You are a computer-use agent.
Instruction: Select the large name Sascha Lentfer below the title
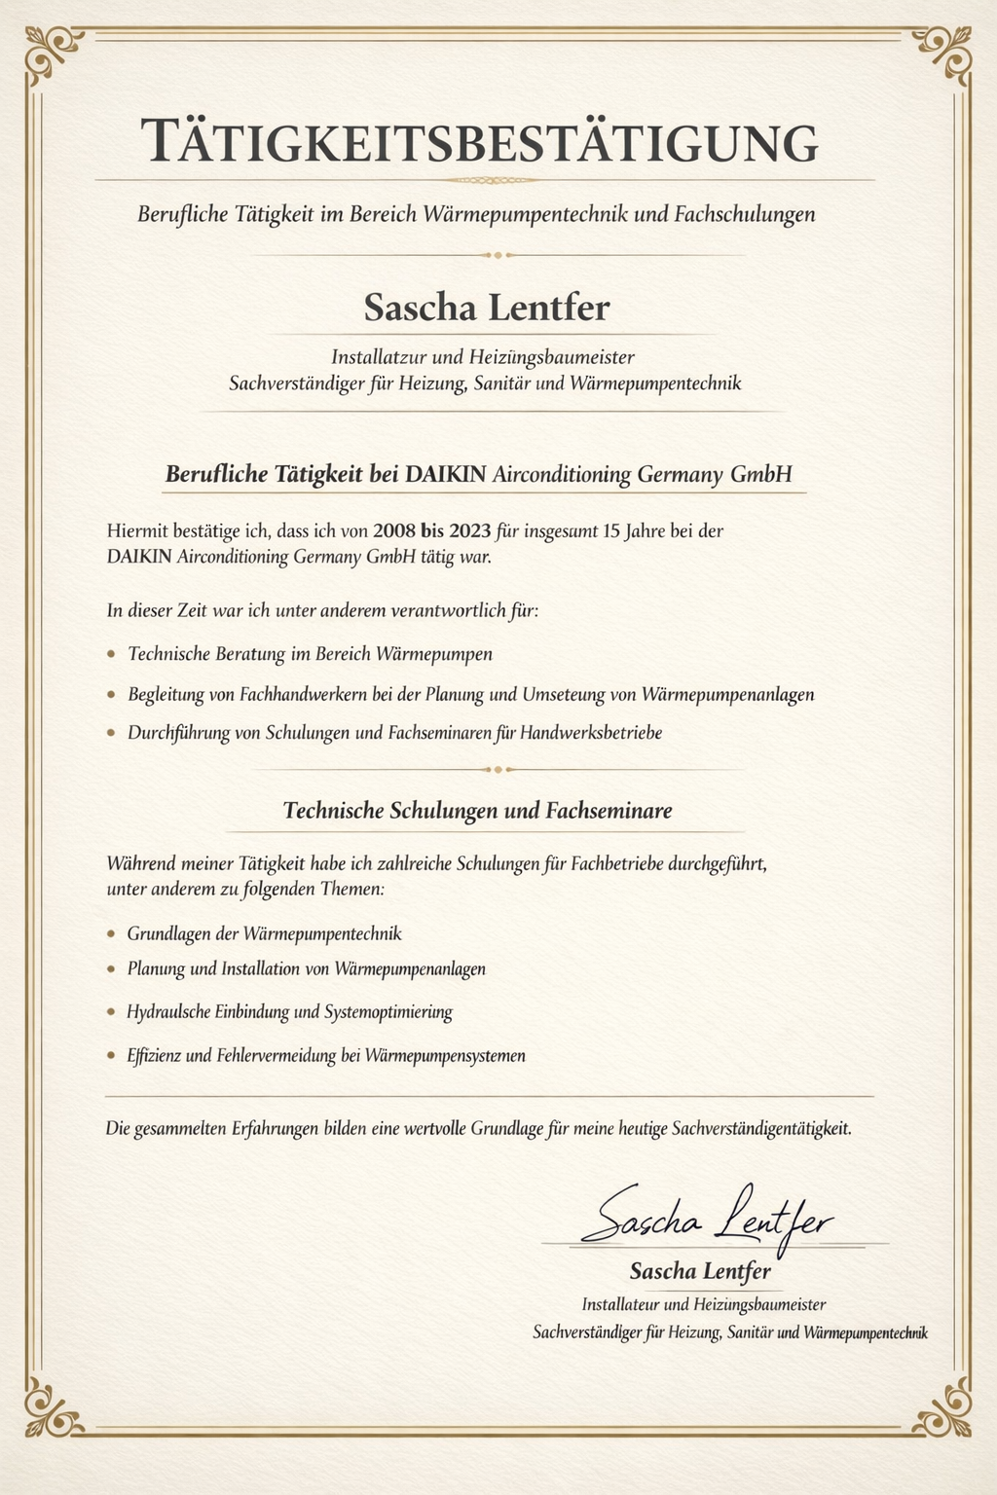point(486,308)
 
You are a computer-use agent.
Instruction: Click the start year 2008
point(393,531)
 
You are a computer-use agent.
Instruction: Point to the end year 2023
point(470,531)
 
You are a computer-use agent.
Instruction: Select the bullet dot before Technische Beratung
point(112,654)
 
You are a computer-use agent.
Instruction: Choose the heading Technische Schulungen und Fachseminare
point(477,811)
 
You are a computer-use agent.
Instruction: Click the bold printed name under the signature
point(700,1271)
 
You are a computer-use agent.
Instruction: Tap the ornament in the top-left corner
point(53,54)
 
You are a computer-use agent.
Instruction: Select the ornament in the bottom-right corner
point(942,1408)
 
